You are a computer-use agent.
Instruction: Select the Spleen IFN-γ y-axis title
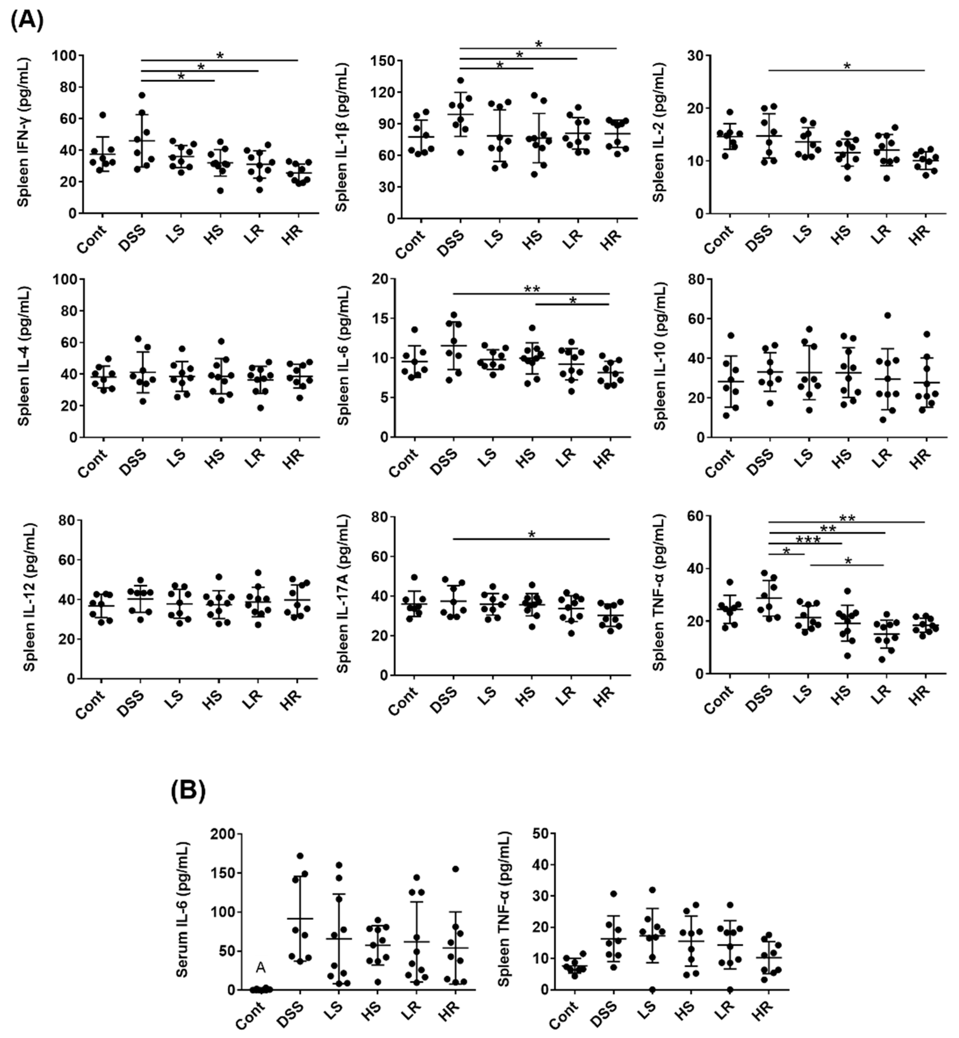[23, 132]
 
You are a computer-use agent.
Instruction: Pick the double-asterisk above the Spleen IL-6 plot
[532, 289]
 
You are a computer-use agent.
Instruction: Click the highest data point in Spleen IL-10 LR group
[887, 315]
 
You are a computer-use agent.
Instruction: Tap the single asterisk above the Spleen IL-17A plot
[532, 535]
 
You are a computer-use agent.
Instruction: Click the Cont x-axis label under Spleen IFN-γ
[93, 239]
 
